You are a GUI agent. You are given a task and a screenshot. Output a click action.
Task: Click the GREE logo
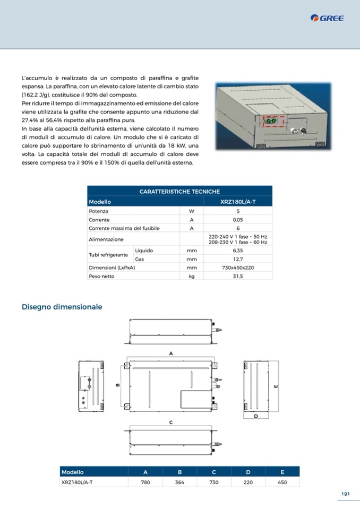tap(328, 18)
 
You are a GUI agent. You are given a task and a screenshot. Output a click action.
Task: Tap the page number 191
tap(345, 494)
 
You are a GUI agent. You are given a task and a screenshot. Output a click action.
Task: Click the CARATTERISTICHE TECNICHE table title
tap(179, 192)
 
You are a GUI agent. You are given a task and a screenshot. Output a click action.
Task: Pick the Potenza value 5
tap(238, 211)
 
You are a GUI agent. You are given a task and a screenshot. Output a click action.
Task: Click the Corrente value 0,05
tap(238, 220)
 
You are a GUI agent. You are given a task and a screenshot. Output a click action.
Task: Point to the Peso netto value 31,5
tap(238, 277)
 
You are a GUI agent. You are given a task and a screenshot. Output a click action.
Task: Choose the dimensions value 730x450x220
tap(238, 268)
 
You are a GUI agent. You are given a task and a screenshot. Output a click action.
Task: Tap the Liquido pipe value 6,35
tap(238, 250)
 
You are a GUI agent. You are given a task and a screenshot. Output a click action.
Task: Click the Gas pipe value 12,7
tap(238, 259)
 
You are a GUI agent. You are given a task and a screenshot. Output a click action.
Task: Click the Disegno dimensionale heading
tap(62, 307)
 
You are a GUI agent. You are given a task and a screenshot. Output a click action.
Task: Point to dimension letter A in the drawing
tap(171, 353)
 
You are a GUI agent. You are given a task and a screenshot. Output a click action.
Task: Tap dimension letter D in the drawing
tap(256, 417)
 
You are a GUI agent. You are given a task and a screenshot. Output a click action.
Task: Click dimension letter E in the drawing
tap(276, 386)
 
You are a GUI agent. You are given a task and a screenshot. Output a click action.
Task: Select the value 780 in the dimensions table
tap(145, 482)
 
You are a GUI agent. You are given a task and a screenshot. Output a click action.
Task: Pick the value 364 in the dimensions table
tap(179, 482)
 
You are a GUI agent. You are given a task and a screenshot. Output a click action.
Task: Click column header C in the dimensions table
tap(213, 472)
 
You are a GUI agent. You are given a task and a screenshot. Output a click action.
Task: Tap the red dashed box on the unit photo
tap(272, 121)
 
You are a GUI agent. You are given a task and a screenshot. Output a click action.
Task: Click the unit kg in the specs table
tap(192, 277)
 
